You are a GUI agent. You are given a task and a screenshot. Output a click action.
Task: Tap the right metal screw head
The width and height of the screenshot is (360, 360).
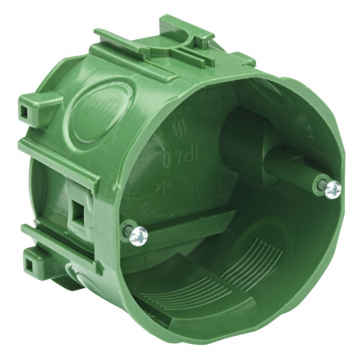(333, 188)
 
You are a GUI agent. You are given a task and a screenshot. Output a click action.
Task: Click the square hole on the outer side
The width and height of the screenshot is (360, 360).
(80, 210)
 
